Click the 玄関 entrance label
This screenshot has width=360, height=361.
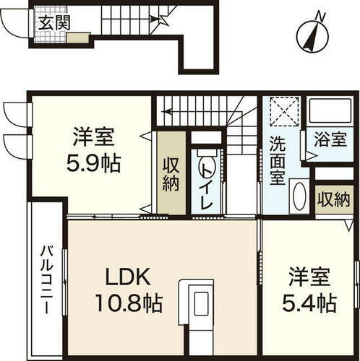click(54, 22)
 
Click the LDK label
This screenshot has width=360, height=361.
click(130, 277)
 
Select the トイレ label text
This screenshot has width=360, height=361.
click(206, 186)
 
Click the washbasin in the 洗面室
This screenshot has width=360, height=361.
click(298, 195)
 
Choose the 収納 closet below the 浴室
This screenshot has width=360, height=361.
click(331, 197)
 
